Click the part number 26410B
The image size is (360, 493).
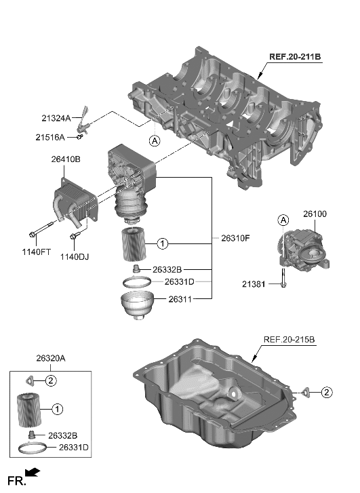66,160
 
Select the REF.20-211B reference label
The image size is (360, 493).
292,57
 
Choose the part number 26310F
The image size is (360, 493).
236,239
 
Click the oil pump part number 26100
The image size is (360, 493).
315,214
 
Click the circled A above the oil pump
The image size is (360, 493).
283,219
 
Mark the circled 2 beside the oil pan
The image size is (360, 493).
327,391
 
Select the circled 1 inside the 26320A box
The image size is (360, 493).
58,409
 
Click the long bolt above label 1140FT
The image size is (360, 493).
43,230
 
